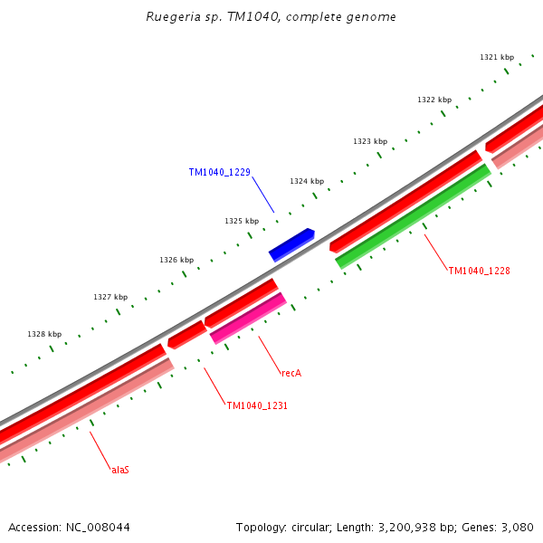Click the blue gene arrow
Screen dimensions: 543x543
pyautogui.click(x=291, y=244)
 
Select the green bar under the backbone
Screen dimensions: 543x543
pyautogui.click(x=413, y=216)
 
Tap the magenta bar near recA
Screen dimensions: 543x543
pyautogui.click(x=248, y=319)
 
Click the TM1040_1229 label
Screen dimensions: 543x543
pyautogui.click(x=220, y=173)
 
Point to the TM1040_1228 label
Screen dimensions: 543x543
pyautogui.click(x=480, y=271)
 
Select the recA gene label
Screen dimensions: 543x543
pyautogui.click(x=291, y=373)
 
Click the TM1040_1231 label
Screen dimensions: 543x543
pyautogui.click(x=257, y=406)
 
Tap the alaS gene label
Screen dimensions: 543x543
pyautogui.click(x=120, y=471)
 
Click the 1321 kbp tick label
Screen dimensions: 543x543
pyautogui.click(x=497, y=57)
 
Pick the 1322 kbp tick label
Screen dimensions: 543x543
pyautogui.click(x=434, y=100)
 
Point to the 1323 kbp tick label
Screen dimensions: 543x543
pyautogui.click(x=370, y=141)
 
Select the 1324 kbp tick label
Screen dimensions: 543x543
pyautogui.click(x=307, y=181)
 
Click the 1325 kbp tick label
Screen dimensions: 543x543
pyautogui.click(x=242, y=221)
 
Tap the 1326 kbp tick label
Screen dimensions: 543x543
pyautogui.click(x=176, y=260)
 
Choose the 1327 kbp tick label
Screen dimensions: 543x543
pyautogui.click(x=110, y=297)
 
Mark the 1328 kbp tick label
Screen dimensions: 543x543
pyautogui.click(x=44, y=334)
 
